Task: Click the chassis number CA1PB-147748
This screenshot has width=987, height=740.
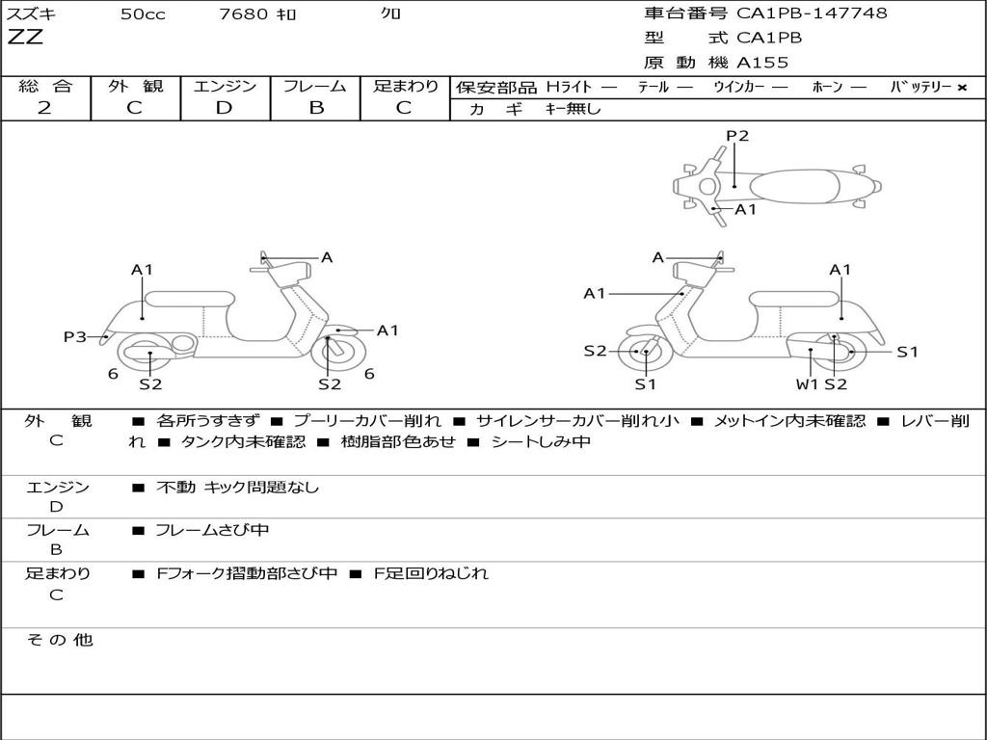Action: click(812, 13)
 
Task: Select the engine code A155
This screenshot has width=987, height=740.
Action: click(762, 63)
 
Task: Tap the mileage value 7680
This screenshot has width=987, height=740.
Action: click(243, 13)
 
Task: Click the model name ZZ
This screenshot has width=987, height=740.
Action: click(25, 37)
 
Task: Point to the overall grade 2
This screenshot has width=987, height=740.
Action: click(44, 108)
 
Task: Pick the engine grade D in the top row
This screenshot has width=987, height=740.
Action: click(224, 108)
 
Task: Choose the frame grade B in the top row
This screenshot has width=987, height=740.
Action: click(316, 108)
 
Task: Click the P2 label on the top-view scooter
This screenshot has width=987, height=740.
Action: click(737, 136)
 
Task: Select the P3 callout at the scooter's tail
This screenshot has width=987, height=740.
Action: click(75, 336)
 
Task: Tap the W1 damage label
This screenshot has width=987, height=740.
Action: click(808, 383)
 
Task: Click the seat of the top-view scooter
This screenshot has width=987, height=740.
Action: click(794, 187)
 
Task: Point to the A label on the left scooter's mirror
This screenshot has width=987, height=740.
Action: click(327, 257)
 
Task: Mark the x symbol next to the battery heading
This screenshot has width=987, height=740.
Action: click(962, 88)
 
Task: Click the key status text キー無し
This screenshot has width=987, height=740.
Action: click(573, 109)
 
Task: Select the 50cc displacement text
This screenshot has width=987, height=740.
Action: click(143, 13)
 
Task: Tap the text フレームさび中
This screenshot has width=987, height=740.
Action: click(212, 530)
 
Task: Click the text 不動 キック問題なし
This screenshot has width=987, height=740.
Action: click(237, 487)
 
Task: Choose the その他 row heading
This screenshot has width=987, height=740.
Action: click(60, 640)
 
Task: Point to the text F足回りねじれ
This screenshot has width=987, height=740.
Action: click(431, 573)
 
